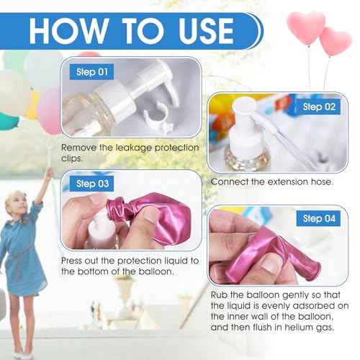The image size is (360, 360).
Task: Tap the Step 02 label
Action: point(319,107)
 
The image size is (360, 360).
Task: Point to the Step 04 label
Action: point(319,218)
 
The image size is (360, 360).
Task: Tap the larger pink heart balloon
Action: point(305,27)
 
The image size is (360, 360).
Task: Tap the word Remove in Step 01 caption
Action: point(83,148)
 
